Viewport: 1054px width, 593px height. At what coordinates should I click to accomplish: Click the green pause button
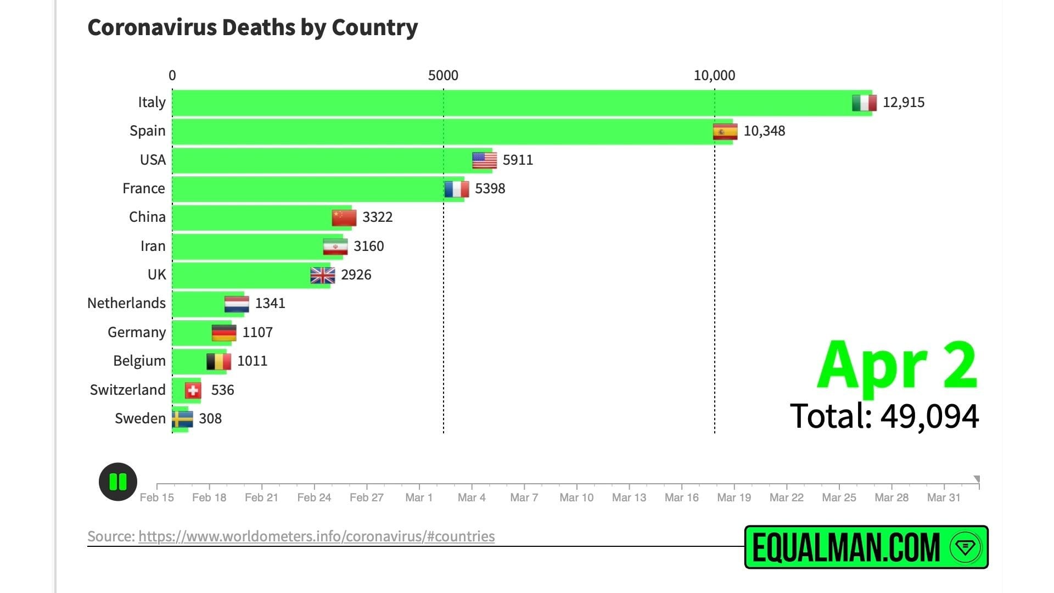(x=118, y=482)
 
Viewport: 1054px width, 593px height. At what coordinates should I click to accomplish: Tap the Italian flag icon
(x=864, y=103)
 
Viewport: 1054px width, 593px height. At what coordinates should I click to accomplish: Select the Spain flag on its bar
(x=725, y=132)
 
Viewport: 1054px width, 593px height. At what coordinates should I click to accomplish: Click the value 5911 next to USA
(x=518, y=160)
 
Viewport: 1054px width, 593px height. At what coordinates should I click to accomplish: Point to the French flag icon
(x=457, y=189)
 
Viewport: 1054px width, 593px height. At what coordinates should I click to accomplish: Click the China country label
(x=147, y=217)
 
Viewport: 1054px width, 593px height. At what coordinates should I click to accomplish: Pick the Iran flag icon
(x=335, y=247)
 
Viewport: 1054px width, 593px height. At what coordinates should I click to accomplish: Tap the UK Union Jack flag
(x=322, y=275)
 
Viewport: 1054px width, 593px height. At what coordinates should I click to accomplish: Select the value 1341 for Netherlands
(x=270, y=303)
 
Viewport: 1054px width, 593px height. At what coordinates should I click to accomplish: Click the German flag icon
(x=224, y=333)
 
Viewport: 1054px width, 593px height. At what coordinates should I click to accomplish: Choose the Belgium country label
(x=139, y=361)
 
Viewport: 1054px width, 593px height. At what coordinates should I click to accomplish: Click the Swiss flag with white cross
(x=193, y=390)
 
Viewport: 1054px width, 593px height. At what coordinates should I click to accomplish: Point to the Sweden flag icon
(x=182, y=419)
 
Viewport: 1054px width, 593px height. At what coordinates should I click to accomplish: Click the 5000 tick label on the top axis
(x=443, y=75)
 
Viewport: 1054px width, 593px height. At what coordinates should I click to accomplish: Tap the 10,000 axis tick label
(x=714, y=75)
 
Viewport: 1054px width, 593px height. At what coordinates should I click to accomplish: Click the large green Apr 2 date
(x=897, y=365)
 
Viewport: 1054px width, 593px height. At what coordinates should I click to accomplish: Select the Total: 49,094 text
(x=884, y=416)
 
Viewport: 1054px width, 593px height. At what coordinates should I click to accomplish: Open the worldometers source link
(x=316, y=536)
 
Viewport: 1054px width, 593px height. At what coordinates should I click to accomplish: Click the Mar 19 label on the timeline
(x=734, y=497)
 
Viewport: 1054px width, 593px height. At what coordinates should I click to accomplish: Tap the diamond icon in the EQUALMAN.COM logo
(x=965, y=547)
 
